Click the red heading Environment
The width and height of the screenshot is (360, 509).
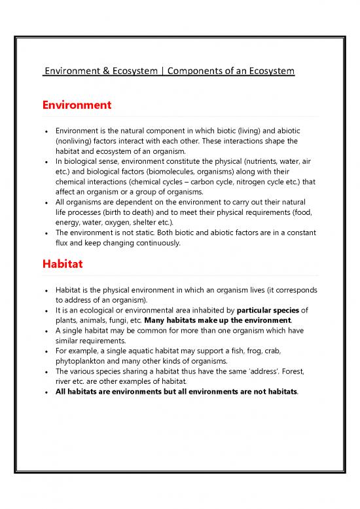(77, 105)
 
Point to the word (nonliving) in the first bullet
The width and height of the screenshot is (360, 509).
(77, 141)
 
